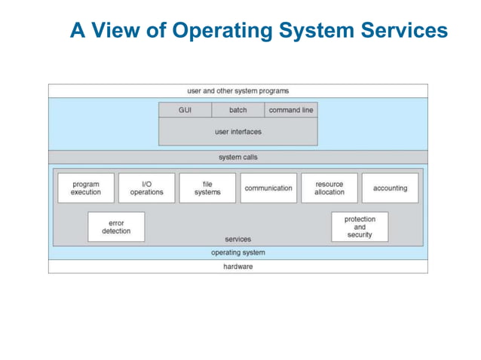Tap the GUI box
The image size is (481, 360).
click(185, 110)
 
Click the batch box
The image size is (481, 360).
click(237, 110)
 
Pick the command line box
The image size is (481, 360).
click(291, 110)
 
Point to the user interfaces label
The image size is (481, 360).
click(237, 132)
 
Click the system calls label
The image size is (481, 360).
click(237, 157)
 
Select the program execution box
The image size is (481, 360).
click(86, 188)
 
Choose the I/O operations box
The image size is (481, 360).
click(146, 188)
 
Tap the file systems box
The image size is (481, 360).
click(207, 188)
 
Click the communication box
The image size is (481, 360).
click(268, 188)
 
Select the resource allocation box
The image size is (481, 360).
click(329, 188)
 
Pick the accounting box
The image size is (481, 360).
click(390, 188)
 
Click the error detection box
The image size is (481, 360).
click(116, 227)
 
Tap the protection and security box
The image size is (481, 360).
click(360, 227)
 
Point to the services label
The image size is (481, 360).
click(237, 239)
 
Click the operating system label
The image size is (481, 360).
click(237, 253)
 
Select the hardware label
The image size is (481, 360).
click(237, 267)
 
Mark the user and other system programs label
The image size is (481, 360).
click(237, 91)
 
